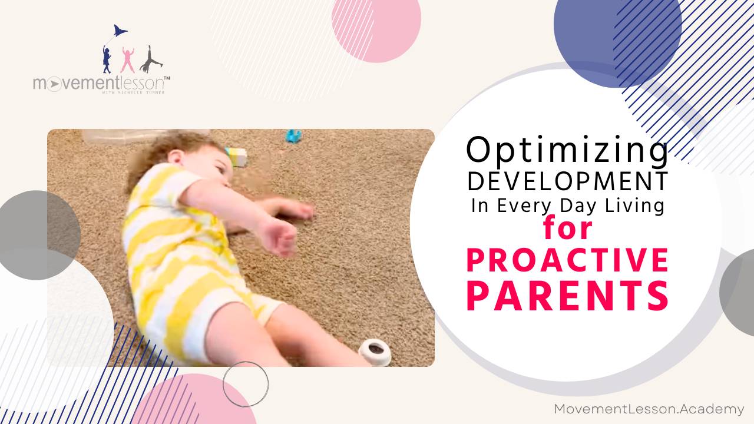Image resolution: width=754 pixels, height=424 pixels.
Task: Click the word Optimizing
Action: (x=567, y=151)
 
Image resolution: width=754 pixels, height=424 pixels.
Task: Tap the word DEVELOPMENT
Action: (x=568, y=182)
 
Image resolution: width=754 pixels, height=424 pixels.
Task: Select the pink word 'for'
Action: (x=568, y=228)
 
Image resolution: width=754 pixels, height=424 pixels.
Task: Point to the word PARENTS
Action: (x=568, y=296)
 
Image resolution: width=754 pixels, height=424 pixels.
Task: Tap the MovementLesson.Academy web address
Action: (x=649, y=409)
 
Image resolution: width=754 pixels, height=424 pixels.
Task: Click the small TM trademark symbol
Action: (x=167, y=78)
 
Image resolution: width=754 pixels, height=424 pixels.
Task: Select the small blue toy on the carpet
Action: (x=293, y=137)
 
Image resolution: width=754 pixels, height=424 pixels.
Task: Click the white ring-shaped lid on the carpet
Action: (x=375, y=351)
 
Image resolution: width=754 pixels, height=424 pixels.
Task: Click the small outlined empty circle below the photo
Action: (x=246, y=384)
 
